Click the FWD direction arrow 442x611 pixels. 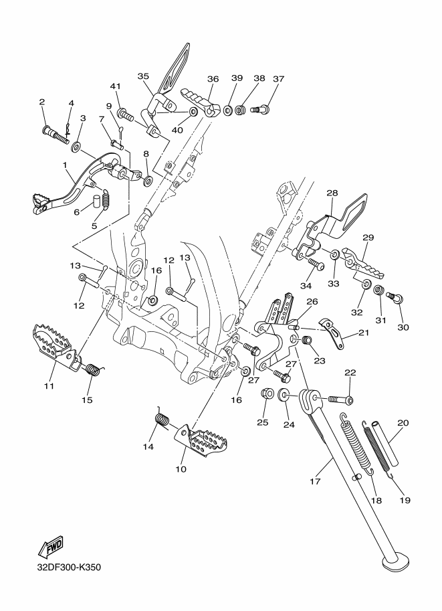coord(50,548)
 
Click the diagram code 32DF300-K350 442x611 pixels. coord(69,567)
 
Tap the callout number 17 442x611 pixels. coord(315,482)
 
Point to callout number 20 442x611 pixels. coord(403,423)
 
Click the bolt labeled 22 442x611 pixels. coord(342,399)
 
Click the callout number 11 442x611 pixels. coord(49,386)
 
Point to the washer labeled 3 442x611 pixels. coord(76,147)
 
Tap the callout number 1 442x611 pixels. coord(65,165)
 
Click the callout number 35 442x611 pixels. coord(143,76)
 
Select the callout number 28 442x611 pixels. coord(332,193)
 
